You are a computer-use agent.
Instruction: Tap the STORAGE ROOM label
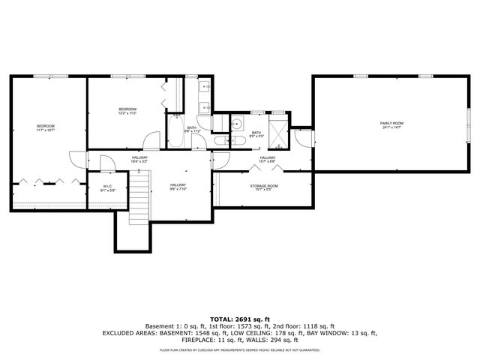click(264, 187)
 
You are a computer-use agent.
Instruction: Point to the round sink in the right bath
click(237, 125)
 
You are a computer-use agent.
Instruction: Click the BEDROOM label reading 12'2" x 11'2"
click(127, 111)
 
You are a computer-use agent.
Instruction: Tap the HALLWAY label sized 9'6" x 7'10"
click(178, 187)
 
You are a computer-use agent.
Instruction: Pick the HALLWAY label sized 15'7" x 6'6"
click(268, 159)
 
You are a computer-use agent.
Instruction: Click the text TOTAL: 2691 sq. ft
click(240, 319)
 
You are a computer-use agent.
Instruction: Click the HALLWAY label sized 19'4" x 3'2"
click(139, 159)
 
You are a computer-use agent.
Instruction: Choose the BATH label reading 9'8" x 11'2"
click(192, 129)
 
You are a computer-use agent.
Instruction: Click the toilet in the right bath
click(224, 140)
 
